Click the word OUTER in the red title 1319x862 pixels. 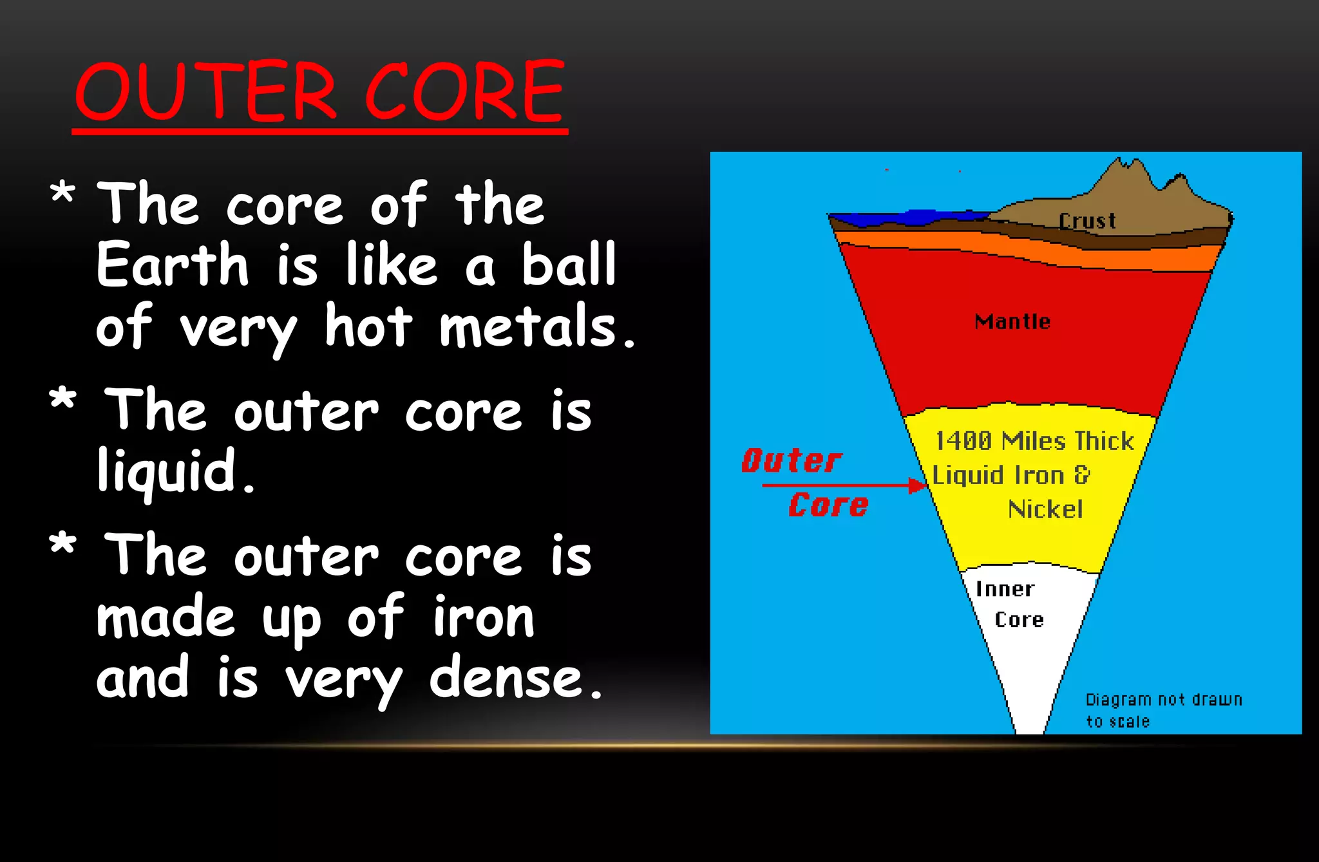click(x=206, y=91)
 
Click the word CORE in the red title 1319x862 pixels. click(x=465, y=91)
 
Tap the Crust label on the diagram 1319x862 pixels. click(x=1087, y=221)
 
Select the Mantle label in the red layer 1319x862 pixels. click(x=1012, y=321)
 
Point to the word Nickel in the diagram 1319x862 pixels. click(x=1045, y=509)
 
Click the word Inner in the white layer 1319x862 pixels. click(x=1004, y=589)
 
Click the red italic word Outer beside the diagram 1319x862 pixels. click(x=791, y=461)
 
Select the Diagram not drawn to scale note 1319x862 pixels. click(x=1162, y=709)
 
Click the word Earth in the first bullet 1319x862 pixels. click(x=173, y=265)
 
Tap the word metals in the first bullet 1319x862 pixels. click(x=528, y=327)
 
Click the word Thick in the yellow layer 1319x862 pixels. click(x=1104, y=441)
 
